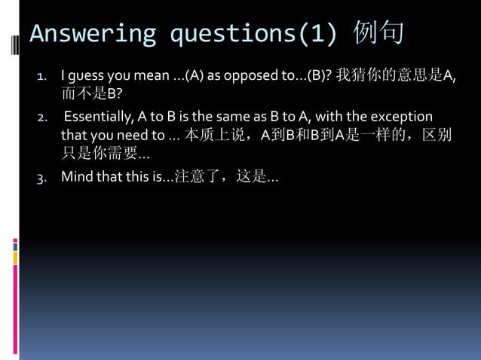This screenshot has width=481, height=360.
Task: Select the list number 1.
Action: click(x=43, y=76)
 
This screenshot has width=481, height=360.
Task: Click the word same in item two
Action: click(x=230, y=117)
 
